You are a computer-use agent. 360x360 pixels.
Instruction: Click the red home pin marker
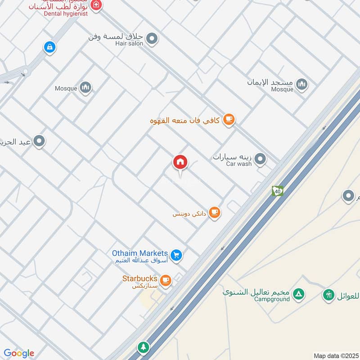click(180, 162)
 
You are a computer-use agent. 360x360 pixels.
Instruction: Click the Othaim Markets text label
click(140, 253)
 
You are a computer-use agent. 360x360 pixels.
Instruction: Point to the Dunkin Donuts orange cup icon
click(215, 212)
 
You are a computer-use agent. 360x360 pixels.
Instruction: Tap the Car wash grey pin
click(260, 159)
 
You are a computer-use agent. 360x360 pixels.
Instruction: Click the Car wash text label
click(238, 164)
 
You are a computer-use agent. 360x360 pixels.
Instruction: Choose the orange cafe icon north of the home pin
click(229, 119)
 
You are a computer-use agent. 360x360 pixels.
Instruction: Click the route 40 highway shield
click(277, 191)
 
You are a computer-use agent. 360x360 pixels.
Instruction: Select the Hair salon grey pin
click(152, 39)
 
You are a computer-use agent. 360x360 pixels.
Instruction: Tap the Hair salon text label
click(129, 44)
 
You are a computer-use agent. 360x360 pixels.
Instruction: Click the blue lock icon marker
click(49, 47)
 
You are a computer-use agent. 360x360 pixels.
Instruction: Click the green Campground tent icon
click(298, 295)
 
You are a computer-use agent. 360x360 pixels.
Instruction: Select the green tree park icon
click(143, 347)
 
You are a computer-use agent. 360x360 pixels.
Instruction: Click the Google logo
click(18, 353)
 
